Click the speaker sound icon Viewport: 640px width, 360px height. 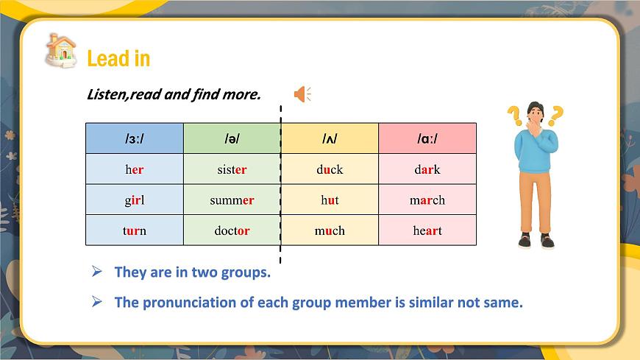(302, 94)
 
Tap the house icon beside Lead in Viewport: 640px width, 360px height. (60, 50)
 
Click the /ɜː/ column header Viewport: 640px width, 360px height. (135, 138)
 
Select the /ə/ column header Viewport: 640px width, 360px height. (232, 138)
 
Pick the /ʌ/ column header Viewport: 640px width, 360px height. (330, 138)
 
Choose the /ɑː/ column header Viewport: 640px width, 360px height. (427, 138)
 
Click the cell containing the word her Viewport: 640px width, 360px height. (135, 169)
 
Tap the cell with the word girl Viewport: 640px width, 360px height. (135, 200)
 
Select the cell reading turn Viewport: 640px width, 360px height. (135, 230)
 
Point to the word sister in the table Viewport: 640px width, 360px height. (232, 169)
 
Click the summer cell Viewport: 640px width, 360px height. (232, 200)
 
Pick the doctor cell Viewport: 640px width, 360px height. (232, 230)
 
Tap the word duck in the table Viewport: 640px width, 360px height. (330, 169)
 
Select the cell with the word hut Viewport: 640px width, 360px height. (330, 200)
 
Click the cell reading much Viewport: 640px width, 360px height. (330, 230)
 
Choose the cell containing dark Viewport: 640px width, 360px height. (427, 169)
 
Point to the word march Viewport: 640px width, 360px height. (427, 200)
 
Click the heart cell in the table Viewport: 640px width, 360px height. (427, 230)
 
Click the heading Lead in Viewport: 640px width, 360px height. (118, 58)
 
